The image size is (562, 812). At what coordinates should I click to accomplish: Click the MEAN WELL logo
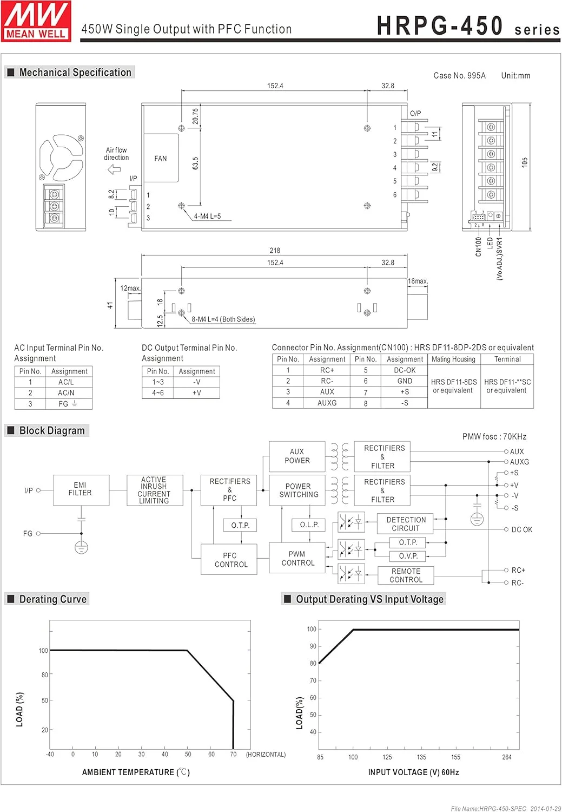(36, 21)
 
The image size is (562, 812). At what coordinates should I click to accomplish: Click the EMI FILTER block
(81, 490)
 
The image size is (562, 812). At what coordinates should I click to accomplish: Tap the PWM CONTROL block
(297, 559)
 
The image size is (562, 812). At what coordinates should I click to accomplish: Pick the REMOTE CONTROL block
(406, 575)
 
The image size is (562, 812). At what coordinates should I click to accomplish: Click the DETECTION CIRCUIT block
(406, 524)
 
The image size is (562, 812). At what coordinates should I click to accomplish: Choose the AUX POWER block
(297, 456)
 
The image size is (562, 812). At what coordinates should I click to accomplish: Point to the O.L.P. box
(309, 525)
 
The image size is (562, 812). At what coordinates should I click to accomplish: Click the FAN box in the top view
(161, 158)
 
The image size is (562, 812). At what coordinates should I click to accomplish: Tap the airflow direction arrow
(114, 169)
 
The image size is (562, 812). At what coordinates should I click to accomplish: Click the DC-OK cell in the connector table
(405, 370)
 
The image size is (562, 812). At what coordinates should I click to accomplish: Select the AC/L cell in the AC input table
(66, 382)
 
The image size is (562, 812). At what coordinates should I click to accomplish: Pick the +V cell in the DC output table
(196, 393)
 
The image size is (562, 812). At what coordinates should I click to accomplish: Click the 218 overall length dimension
(275, 251)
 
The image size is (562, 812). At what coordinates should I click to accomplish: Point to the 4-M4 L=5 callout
(208, 216)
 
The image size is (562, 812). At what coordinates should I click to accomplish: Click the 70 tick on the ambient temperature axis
(233, 754)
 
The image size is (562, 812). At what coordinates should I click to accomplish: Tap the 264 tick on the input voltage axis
(506, 757)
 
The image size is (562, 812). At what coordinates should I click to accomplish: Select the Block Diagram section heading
(52, 431)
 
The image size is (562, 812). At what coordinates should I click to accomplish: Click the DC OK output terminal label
(521, 529)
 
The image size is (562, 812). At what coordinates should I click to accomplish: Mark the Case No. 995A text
(459, 76)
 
